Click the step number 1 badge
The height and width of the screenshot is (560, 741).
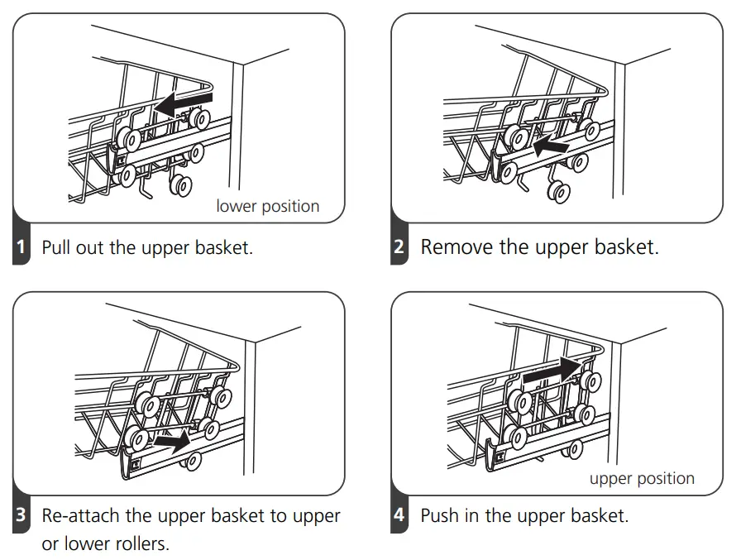coord(22,247)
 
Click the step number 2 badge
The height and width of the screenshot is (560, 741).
coord(399,247)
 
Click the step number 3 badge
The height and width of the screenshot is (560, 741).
coord(22,516)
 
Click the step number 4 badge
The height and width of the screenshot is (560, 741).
coord(399,516)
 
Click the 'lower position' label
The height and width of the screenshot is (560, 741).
coord(267,206)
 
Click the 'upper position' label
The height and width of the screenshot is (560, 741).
coord(642,478)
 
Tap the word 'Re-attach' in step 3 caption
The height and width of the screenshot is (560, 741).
coord(80,516)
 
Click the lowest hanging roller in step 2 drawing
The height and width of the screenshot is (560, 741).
coord(559,192)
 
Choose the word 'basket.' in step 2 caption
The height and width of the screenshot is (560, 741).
coord(626,247)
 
